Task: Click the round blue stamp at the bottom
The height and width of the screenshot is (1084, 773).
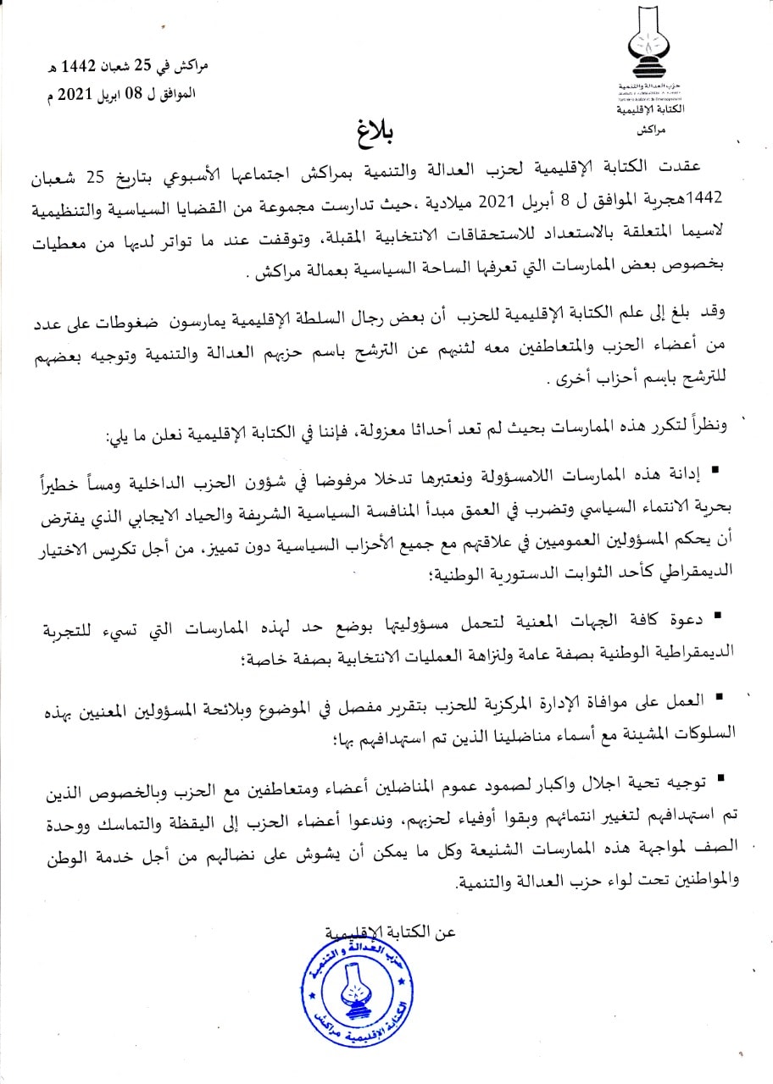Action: [347, 991]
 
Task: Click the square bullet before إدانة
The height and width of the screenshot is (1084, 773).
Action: [715, 467]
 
